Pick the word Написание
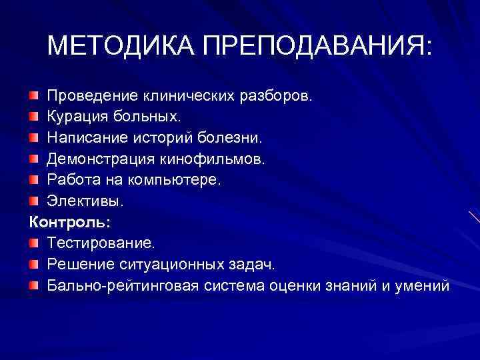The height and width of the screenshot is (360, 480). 83,138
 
